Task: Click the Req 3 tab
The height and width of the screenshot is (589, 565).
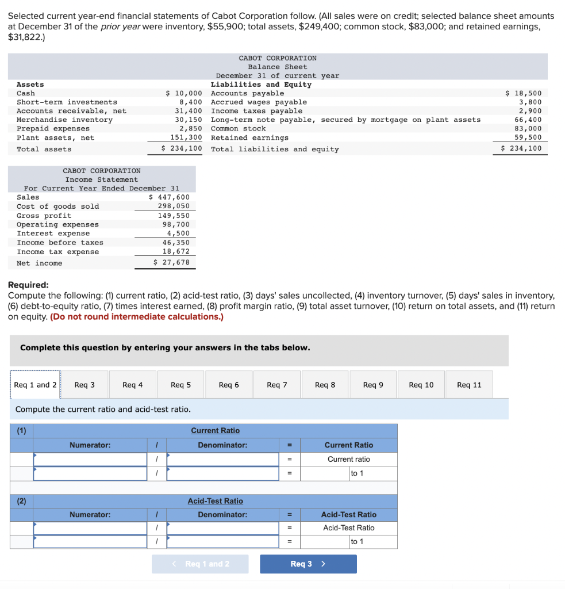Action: point(84,385)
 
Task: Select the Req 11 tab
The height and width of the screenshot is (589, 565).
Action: point(469,385)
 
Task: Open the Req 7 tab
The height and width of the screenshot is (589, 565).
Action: point(276,385)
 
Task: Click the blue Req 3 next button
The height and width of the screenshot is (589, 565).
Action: point(308,564)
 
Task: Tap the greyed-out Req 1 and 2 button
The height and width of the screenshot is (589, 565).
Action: point(200,564)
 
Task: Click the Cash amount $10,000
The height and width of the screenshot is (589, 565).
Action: point(184,93)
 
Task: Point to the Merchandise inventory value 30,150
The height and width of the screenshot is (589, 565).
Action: point(189,120)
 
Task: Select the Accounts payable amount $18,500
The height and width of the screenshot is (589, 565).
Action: point(523,93)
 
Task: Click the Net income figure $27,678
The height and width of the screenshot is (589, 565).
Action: point(172,263)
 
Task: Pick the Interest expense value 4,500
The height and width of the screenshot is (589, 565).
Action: point(178,234)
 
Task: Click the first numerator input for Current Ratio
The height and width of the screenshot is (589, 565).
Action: point(91,460)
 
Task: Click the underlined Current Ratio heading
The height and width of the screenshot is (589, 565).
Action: point(215,431)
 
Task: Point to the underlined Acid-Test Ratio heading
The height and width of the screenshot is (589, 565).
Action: point(215,501)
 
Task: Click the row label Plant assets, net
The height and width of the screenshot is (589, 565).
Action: point(55,137)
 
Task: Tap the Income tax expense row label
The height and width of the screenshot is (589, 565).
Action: point(57,252)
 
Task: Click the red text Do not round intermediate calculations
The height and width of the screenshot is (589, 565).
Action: point(137,317)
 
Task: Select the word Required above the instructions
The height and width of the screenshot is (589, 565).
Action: point(28,285)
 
